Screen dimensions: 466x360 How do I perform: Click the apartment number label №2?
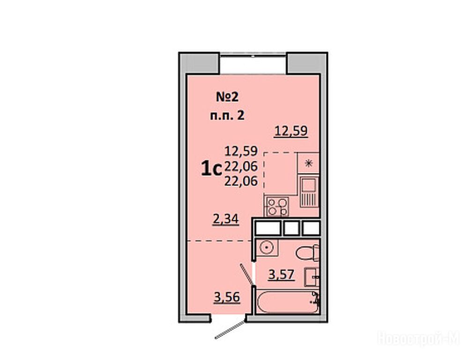click(x=227, y=97)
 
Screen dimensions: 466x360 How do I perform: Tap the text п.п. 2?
click(x=227, y=115)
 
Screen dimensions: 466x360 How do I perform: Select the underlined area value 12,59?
click(x=291, y=131)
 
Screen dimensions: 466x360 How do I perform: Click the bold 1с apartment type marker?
click(x=212, y=169)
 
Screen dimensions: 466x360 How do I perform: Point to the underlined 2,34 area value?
click(x=226, y=219)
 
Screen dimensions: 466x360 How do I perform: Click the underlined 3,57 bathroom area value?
click(x=281, y=275)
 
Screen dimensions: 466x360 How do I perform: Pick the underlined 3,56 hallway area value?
click(x=227, y=297)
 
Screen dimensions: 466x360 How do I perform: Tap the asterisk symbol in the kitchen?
click(x=309, y=163)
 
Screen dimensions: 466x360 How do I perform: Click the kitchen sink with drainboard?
click(x=309, y=192)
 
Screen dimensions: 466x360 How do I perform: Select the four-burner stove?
click(x=277, y=206)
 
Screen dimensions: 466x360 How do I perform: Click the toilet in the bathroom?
click(x=308, y=253)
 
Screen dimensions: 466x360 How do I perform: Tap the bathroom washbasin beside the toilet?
click(x=312, y=277)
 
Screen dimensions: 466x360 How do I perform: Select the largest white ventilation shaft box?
click(x=268, y=228)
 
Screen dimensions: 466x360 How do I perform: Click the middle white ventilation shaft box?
click(x=292, y=228)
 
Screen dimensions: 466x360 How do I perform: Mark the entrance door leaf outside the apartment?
click(x=231, y=330)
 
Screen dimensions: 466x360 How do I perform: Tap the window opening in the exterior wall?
click(x=253, y=64)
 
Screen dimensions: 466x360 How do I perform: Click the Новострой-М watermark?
click(x=419, y=338)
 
